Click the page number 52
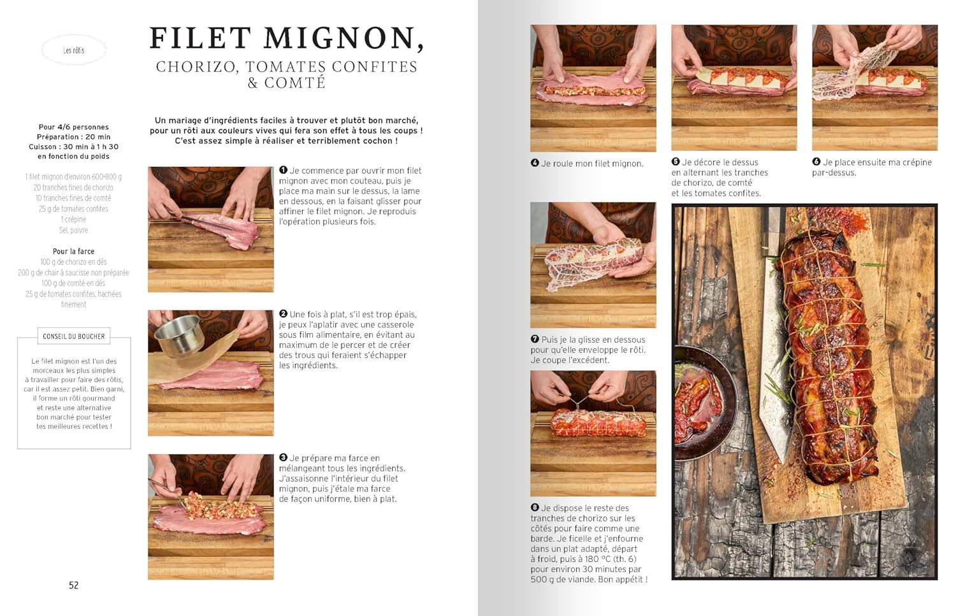tap(73, 585)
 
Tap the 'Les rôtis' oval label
tap(74, 50)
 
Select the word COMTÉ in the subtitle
tap(295, 82)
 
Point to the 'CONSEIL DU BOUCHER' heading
tap(74, 336)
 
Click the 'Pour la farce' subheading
tap(73, 251)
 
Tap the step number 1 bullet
tap(283, 170)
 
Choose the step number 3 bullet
tap(283, 458)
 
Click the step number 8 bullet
tap(535, 508)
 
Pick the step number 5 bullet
tap(676, 162)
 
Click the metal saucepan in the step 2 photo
tap(179, 335)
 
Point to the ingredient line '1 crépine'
tap(73, 219)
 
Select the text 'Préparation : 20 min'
tap(73, 137)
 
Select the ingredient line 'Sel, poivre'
tap(73, 230)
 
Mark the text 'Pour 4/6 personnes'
tap(73, 127)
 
